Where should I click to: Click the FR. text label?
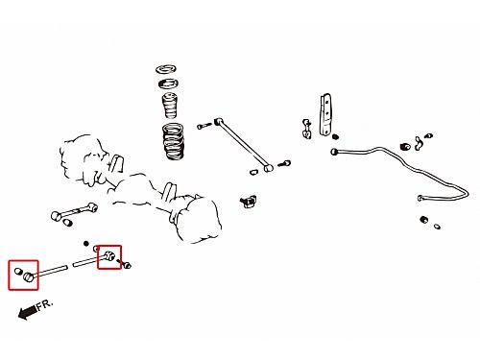(44, 304)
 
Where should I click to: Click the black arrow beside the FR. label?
(27, 312)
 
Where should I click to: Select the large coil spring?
(174, 141)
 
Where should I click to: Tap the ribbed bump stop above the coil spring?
(169, 106)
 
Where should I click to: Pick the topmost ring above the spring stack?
(166, 69)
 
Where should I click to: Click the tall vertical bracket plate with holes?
(326, 114)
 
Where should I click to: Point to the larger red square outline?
(23, 275)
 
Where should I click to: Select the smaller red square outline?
(109, 257)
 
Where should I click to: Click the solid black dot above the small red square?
(85, 244)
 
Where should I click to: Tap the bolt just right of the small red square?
(125, 264)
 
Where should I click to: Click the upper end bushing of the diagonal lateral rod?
(219, 122)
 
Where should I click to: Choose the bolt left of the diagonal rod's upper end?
(204, 126)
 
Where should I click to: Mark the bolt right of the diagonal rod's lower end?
(284, 164)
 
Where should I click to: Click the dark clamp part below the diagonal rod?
(249, 202)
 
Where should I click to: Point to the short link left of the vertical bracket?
(307, 129)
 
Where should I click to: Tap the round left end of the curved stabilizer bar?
(334, 152)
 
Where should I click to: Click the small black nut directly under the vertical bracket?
(335, 136)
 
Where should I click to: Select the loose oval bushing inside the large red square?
(18, 272)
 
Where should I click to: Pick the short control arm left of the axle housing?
(74, 211)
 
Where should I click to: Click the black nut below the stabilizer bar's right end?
(424, 220)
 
